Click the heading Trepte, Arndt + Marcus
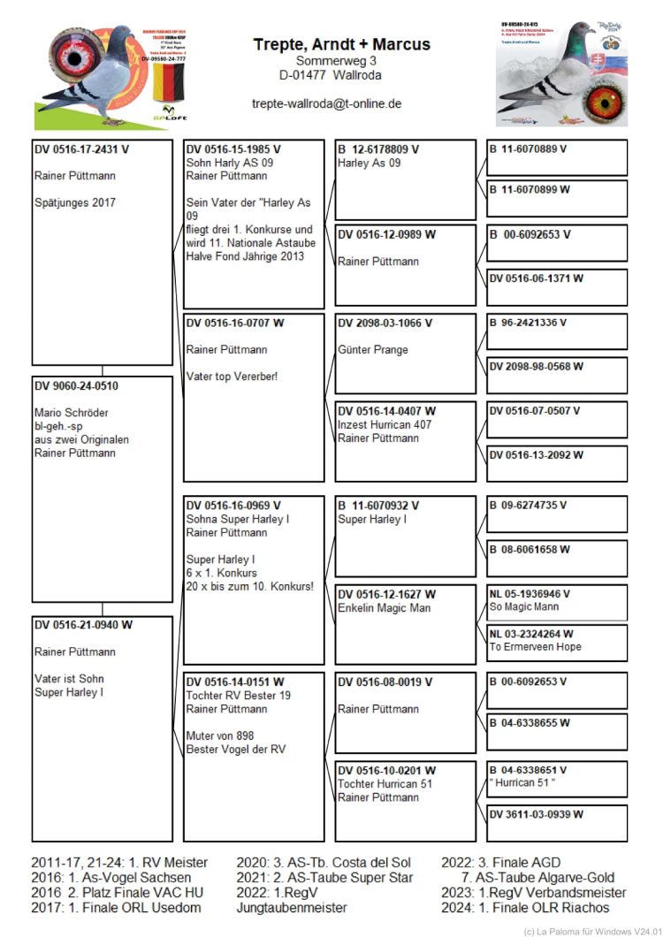click(x=341, y=44)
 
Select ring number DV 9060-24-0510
click(x=76, y=386)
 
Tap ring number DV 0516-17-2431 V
click(x=81, y=149)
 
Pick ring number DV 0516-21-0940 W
click(x=83, y=625)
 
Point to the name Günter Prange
click(x=373, y=350)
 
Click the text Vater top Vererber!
click(x=232, y=377)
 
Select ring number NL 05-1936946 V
click(x=530, y=594)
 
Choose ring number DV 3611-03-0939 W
click(x=536, y=814)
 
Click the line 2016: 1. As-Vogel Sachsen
click(x=110, y=878)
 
